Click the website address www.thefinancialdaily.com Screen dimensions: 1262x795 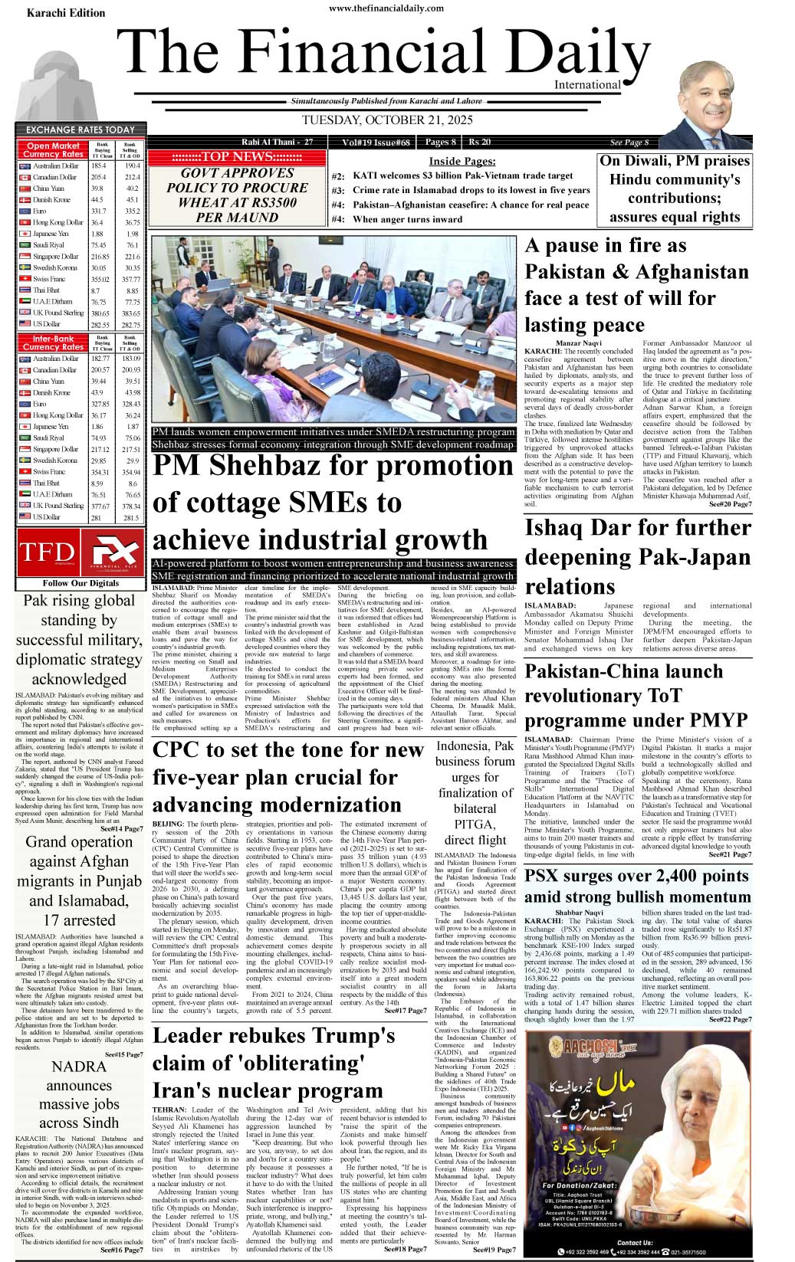click(386, 8)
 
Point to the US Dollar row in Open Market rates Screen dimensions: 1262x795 click(80, 325)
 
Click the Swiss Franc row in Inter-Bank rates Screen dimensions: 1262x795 click(80, 472)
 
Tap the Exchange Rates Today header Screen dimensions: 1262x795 click(80, 129)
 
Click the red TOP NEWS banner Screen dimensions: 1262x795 click(237, 157)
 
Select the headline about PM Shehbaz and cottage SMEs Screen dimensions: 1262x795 click(333, 502)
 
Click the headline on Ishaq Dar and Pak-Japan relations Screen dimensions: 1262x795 click(637, 557)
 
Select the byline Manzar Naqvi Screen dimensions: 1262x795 click(579, 343)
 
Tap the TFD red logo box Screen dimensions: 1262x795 click(47, 552)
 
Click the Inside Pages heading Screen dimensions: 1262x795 click(462, 161)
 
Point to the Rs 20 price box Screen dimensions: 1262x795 click(480, 142)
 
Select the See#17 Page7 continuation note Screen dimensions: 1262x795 click(405, 1011)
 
